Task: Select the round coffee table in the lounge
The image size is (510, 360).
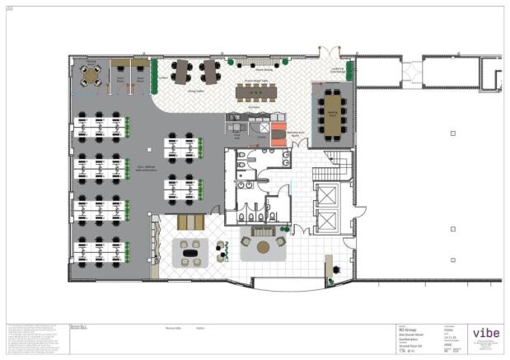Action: coord(262,245)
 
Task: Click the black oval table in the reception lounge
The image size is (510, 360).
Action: coord(195,254)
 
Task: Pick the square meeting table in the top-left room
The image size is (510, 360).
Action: coord(91,76)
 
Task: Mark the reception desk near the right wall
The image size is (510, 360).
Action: coord(329,265)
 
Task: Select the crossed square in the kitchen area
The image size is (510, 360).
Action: coord(263,128)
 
